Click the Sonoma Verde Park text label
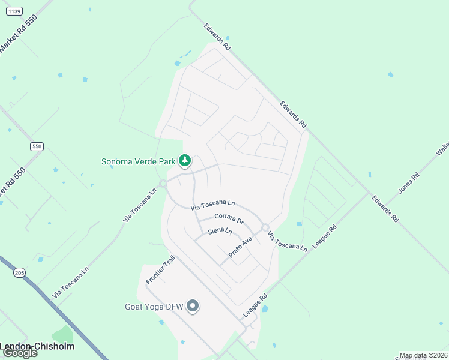click(138, 161)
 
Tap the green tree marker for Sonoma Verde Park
click(185, 160)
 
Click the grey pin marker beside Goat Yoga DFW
click(193, 307)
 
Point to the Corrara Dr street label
click(229, 219)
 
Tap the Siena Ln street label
click(220, 230)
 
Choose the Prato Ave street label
click(240, 248)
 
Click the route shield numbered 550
click(37, 146)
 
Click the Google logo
click(19, 353)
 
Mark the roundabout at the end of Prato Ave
click(265, 227)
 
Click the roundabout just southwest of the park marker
click(163, 184)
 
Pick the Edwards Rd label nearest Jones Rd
click(385, 209)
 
